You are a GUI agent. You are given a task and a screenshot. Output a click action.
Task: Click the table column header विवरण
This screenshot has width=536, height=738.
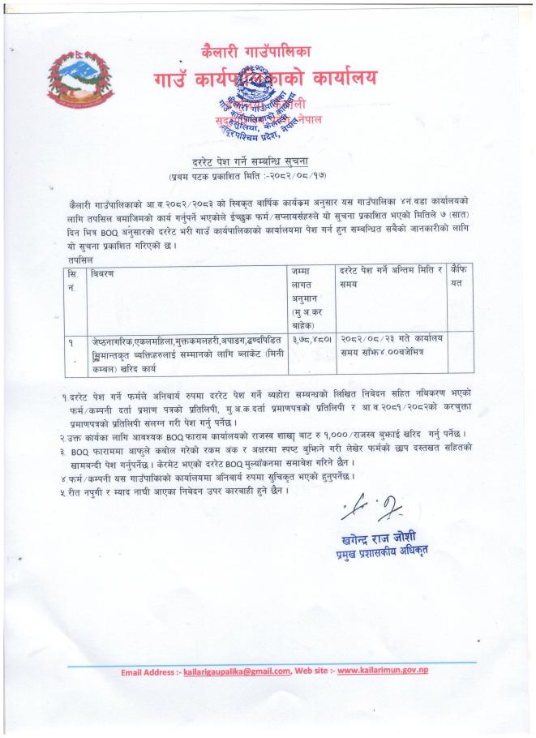click(x=103, y=274)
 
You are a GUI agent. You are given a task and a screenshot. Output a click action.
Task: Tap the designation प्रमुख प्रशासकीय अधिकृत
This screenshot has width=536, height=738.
click(x=384, y=553)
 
